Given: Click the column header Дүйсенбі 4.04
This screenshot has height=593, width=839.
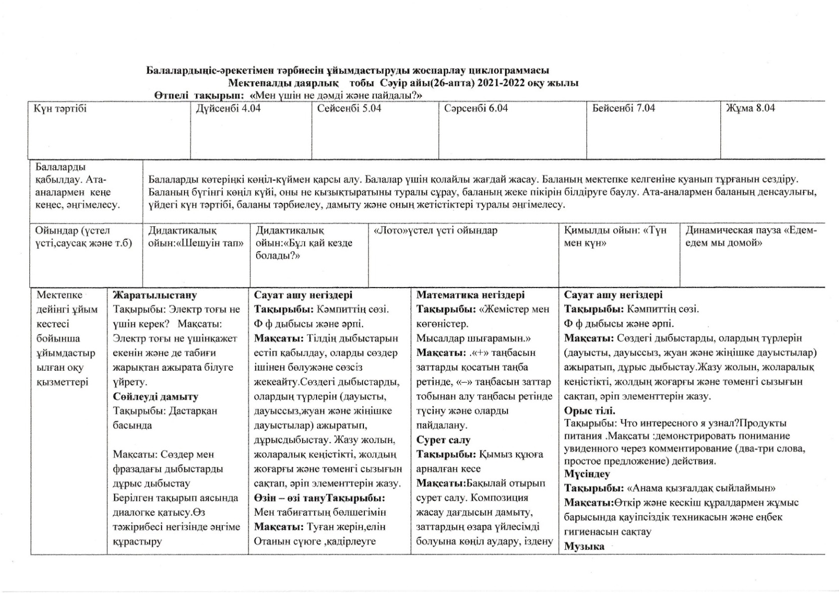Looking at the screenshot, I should pyautogui.click(x=228, y=108).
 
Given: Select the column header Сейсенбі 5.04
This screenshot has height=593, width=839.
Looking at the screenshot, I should pyautogui.click(x=349, y=108).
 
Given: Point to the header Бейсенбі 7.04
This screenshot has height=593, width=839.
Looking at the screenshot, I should pyautogui.click(x=623, y=108).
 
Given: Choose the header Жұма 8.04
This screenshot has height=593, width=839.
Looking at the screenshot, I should pyautogui.click(x=750, y=108).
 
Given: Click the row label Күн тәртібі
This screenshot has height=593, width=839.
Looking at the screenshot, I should pyautogui.click(x=60, y=108).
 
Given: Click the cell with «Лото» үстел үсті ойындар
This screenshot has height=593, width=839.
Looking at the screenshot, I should pyautogui.click(x=435, y=231).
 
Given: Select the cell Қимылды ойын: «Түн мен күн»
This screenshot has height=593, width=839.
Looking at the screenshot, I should pyautogui.click(x=615, y=237).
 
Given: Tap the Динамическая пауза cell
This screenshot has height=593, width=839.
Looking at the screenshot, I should pyautogui.click(x=751, y=237).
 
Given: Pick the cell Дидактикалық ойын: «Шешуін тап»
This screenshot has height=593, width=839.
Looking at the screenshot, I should pyautogui.click(x=195, y=237).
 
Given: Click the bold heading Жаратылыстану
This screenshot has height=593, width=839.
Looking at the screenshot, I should pyautogui.click(x=155, y=295).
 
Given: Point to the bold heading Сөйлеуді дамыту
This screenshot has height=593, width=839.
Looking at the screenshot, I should pyautogui.click(x=156, y=397).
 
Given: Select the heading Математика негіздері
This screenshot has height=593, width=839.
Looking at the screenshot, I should pyautogui.click(x=470, y=295).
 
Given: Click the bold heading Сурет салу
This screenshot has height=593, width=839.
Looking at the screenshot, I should pyautogui.click(x=443, y=440).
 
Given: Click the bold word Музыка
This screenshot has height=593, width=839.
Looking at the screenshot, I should pyautogui.click(x=584, y=546).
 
